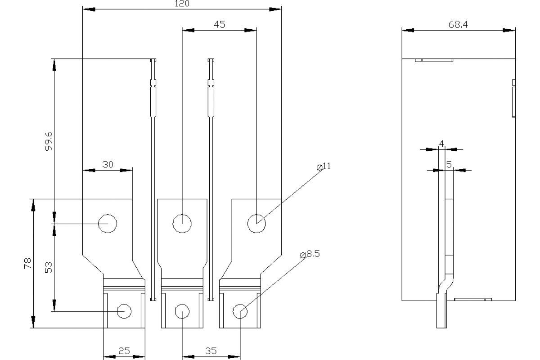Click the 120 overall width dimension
[x=182, y=4]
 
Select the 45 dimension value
[x=219, y=25]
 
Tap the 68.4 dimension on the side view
[x=458, y=25]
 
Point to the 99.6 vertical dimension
[x=49, y=141]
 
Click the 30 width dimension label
[x=108, y=165]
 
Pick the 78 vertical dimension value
[x=27, y=263]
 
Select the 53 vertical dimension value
[x=49, y=267]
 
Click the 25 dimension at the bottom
[x=124, y=351]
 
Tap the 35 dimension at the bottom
[x=210, y=351]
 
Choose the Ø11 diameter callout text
[x=324, y=166]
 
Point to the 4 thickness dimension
[x=441, y=143]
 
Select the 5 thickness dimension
[x=449, y=165]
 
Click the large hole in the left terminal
[x=108, y=223]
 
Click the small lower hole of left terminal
[x=124, y=311]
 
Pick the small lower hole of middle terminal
[x=182, y=311]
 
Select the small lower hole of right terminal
[x=240, y=311]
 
